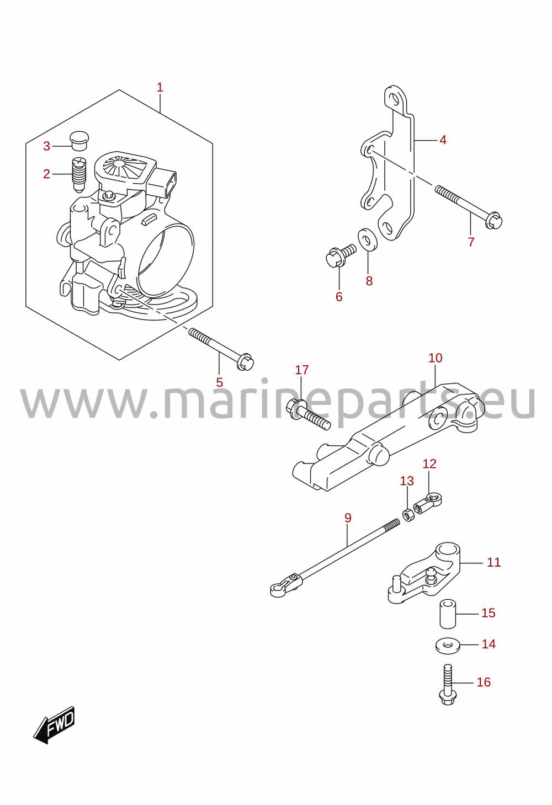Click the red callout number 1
click(160, 87)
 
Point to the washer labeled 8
click(367, 238)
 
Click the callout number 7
click(471, 242)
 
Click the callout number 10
click(435, 358)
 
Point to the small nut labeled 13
click(408, 517)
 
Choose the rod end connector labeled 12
click(428, 504)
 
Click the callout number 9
click(347, 518)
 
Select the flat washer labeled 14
click(448, 646)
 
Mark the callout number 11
click(493, 562)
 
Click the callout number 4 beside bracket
click(443, 140)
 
